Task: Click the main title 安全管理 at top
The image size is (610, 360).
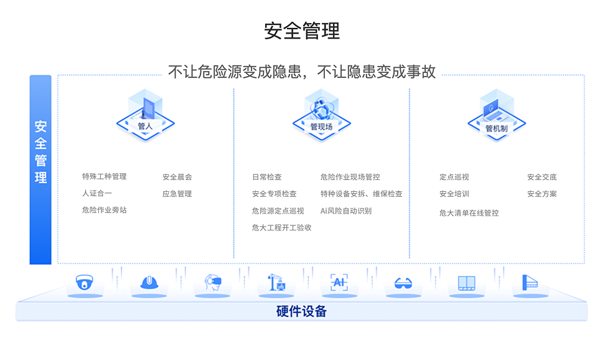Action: pyautogui.click(x=302, y=31)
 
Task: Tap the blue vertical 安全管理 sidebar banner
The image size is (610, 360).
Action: pyautogui.click(x=40, y=169)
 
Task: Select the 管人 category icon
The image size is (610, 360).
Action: pyautogui.click(x=145, y=115)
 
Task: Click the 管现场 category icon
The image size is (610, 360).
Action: pyautogui.click(x=321, y=115)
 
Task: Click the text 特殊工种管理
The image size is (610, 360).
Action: pyautogui.click(x=104, y=177)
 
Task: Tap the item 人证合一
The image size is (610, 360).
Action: pyautogui.click(x=96, y=194)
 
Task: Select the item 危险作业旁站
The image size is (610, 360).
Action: pyautogui.click(x=104, y=211)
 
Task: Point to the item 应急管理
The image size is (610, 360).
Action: pyautogui.click(x=177, y=194)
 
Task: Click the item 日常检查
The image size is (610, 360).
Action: pyautogui.click(x=266, y=177)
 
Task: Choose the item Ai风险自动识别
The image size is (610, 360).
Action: pyautogui.click(x=345, y=211)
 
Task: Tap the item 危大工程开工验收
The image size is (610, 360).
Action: pyautogui.click(x=281, y=227)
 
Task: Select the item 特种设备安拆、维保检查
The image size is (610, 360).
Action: pyautogui.click(x=361, y=194)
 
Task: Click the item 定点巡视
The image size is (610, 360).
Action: pyautogui.click(x=454, y=177)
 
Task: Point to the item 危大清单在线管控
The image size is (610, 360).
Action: pyautogui.click(x=469, y=213)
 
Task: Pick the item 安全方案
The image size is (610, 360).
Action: pyautogui.click(x=542, y=194)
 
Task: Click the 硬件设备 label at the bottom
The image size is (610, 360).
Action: pyautogui.click(x=301, y=311)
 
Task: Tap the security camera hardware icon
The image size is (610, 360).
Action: pyautogui.click(x=84, y=283)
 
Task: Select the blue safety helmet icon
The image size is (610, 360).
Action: pyautogui.click(x=148, y=283)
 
